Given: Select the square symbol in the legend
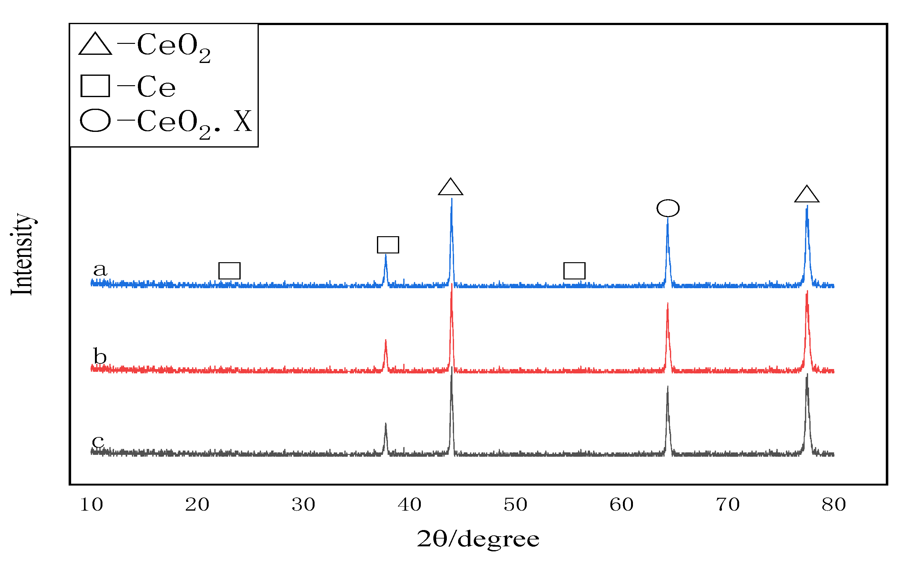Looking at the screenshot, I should (95, 86).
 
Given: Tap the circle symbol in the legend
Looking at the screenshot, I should (95, 120).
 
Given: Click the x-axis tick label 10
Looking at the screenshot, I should (91, 505).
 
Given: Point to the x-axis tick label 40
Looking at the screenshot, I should (409, 505).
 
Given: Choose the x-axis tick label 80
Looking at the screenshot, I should (834, 505).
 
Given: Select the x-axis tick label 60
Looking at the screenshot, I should (621, 505).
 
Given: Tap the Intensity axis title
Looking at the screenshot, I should (22, 254).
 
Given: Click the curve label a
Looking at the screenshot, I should (100, 269).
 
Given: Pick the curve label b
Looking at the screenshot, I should (100, 356).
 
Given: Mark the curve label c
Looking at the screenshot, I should (98, 441).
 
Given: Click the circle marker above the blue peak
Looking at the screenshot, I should (668, 208).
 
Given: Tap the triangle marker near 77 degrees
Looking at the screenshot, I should (807, 195).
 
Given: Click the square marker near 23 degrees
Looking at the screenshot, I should (229, 271).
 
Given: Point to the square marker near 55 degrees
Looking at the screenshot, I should (574, 271).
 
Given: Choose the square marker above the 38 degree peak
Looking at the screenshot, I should (388, 245).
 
